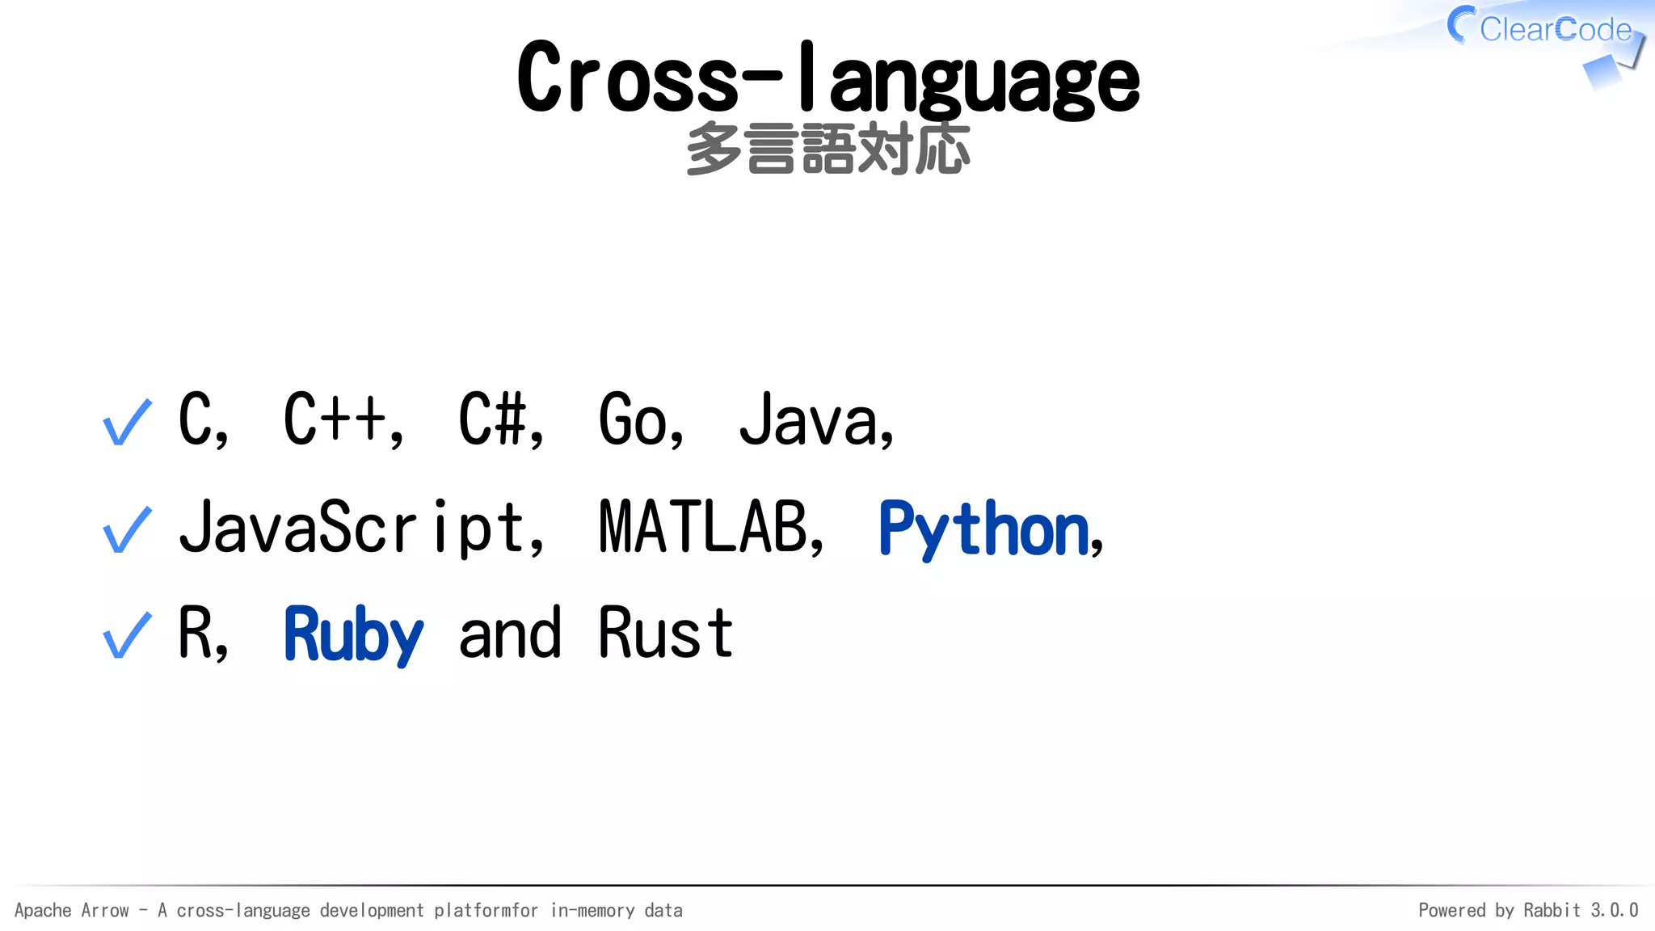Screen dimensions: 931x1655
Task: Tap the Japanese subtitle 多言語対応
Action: (x=827, y=150)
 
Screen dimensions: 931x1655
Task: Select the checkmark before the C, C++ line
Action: (x=128, y=422)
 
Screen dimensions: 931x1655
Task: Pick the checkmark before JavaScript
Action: (x=128, y=529)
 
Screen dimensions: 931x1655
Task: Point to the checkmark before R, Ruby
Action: (x=128, y=635)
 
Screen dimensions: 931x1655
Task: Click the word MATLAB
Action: (x=703, y=527)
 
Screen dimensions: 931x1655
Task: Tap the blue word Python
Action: (x=984, y=529)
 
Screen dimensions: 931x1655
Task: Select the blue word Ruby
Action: (x=353, y=635)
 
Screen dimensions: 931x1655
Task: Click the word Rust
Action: (x=666, y=634)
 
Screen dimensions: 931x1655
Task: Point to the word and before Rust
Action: (x=509, y=634)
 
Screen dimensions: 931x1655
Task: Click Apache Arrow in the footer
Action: (x=72, y=911)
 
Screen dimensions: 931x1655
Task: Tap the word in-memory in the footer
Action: (x=592, y=911)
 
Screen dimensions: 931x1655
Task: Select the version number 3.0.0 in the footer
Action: (x=1614, y=911)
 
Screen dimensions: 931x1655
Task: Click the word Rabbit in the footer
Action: (x=1552, y=911)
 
